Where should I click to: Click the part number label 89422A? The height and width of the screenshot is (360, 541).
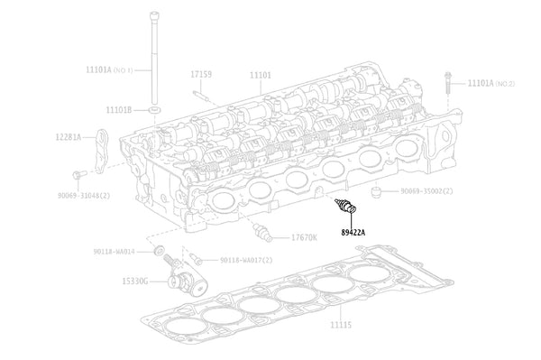(353, 232)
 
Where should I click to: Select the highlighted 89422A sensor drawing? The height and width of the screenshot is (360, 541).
(344, 206)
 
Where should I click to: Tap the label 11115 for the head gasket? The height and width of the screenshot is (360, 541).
(342, 322)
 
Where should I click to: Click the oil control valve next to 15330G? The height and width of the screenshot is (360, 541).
(180, 274)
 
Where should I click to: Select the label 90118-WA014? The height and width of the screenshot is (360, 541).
(114, 251)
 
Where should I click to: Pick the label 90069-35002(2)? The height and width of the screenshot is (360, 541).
(426, 191)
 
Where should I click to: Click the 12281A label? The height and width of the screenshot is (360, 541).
(67, 137)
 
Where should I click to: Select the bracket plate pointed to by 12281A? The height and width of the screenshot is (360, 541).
(102, 148)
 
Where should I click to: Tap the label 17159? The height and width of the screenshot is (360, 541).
(201, 74)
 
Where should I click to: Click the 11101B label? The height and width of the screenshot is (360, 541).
(118, 109)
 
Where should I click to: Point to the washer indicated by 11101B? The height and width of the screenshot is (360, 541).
(156, 109)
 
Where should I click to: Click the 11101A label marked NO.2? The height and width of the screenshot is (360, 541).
(491, 83)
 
